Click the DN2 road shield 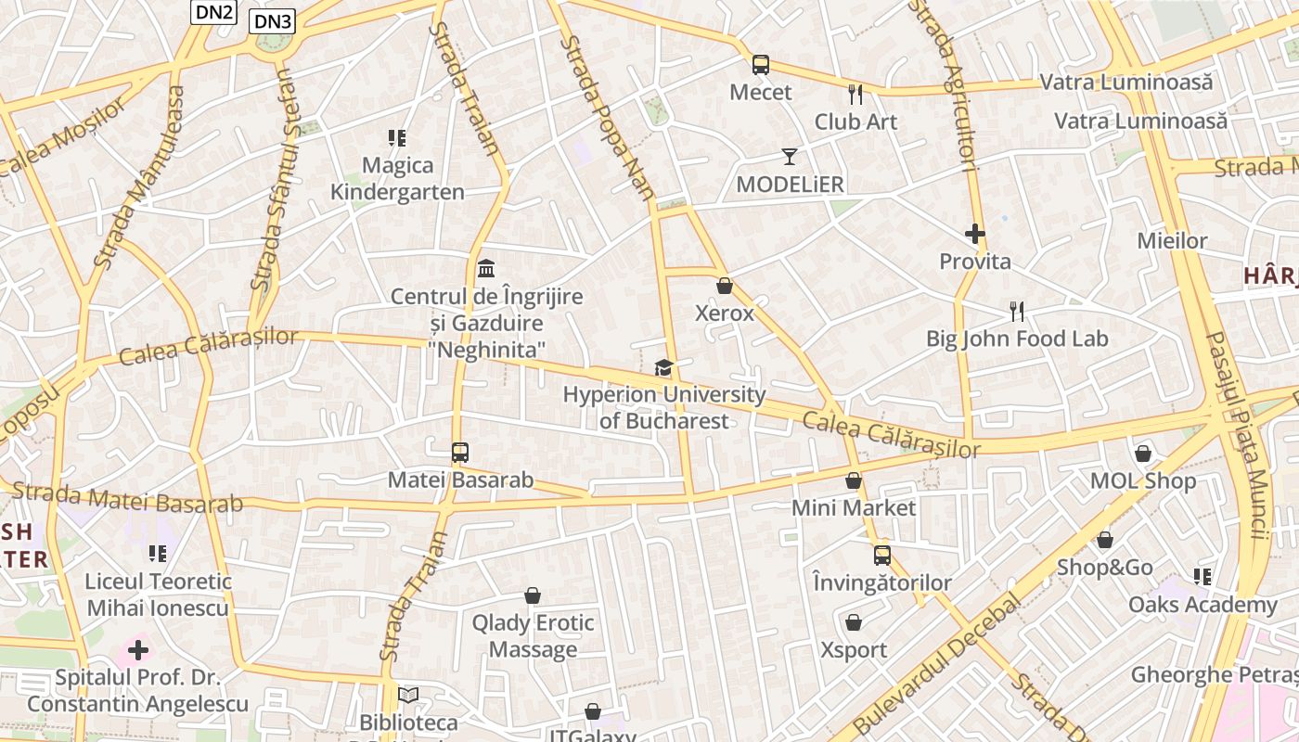(x=214, y=12)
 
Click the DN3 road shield (x=272, y=21)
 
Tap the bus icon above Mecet (x=761, y=65)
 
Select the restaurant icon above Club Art (x=855, y=94)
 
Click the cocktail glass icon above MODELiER (x=790, y=156)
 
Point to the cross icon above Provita (x=974, y=234)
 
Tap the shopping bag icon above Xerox (x=725, y=286)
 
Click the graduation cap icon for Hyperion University (x=663, y=368)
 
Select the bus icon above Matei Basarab (x=460, y=453)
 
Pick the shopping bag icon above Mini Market (x=854, y=480)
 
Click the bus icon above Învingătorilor (x=882, y=556)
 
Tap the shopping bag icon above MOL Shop (x=1143, y=454)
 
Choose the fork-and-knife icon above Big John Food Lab (x=1017, y=312)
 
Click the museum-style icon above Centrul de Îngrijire (x=486, y=269)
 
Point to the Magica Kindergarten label (x=397, y=179)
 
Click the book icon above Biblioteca (x=408, y=695)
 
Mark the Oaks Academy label (x=1203, y=605)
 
